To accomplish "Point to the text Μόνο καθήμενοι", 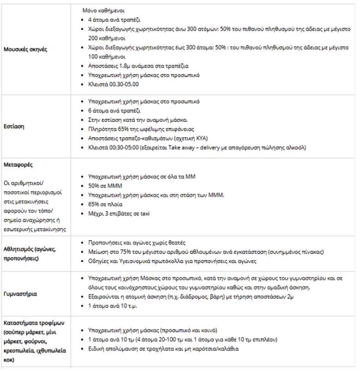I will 103,10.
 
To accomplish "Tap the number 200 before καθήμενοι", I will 93,38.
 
